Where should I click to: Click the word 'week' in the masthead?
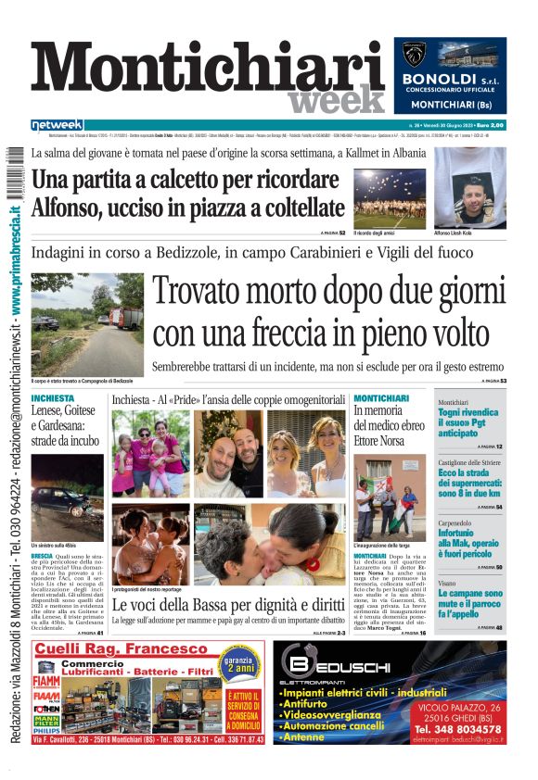[336, 99]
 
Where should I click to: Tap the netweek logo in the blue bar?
[58, 125]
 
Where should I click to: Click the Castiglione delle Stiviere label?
[476, 461]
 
